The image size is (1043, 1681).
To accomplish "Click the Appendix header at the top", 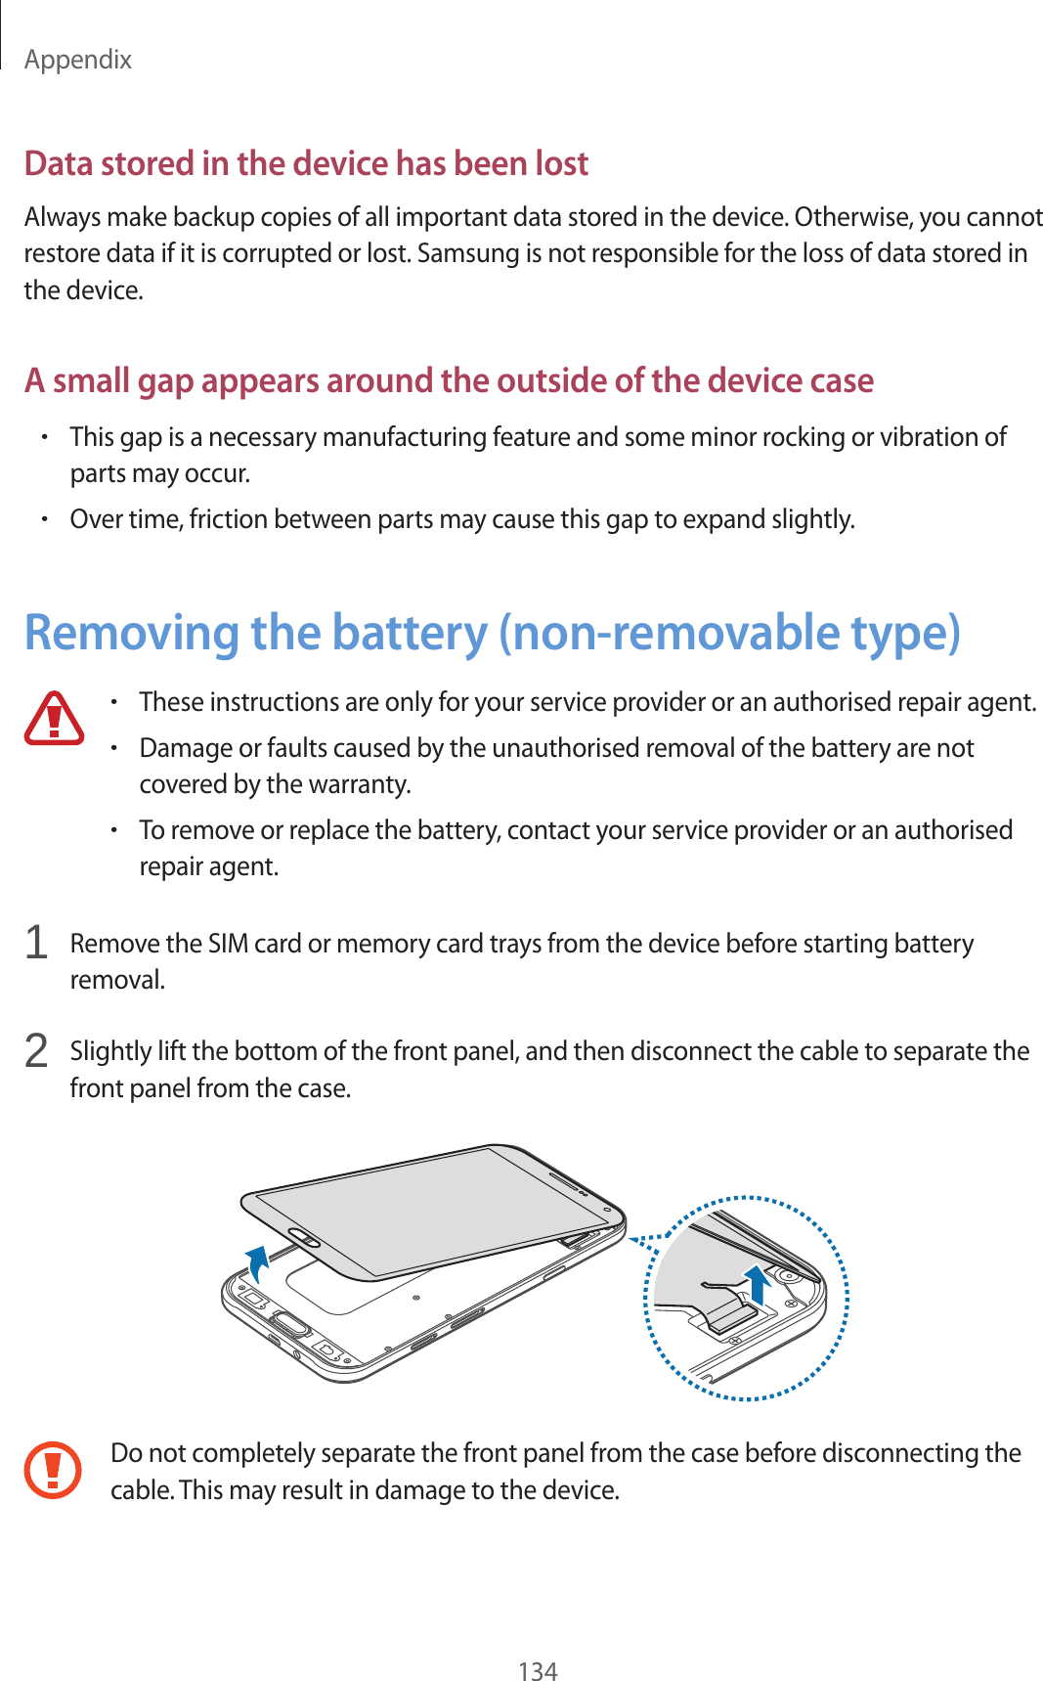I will pos(78,60).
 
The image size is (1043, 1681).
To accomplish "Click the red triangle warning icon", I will pos(54,719).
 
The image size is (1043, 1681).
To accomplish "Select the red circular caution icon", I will pos(53,1469).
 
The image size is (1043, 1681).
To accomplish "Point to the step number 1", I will pos(36,943).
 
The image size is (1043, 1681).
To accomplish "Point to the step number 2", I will pos(36,1051).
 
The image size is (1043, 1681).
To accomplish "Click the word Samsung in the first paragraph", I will pos(468,253).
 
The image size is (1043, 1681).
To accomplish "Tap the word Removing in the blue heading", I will pos(132,633).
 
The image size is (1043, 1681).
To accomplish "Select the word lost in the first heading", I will pos(561,163).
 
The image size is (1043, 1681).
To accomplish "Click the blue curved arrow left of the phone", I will pos(257,1263).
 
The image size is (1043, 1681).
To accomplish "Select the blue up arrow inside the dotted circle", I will pos(757,1282).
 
